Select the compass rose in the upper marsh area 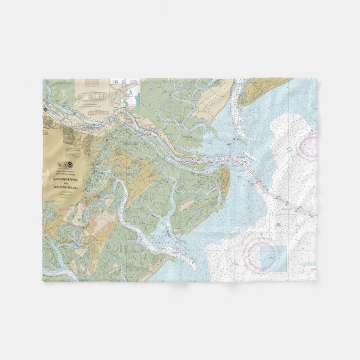click(169, 105)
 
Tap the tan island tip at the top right click(263, 89)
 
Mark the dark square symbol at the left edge click(46, 105)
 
